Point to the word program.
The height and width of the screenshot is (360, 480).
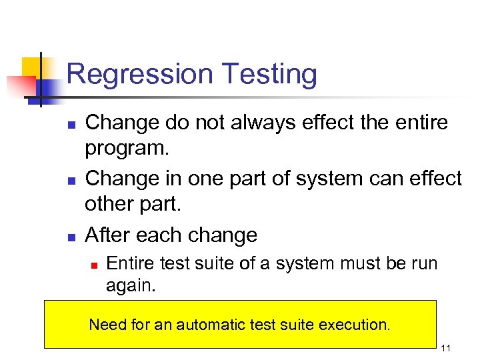127,148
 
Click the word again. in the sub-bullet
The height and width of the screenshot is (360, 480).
129,285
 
